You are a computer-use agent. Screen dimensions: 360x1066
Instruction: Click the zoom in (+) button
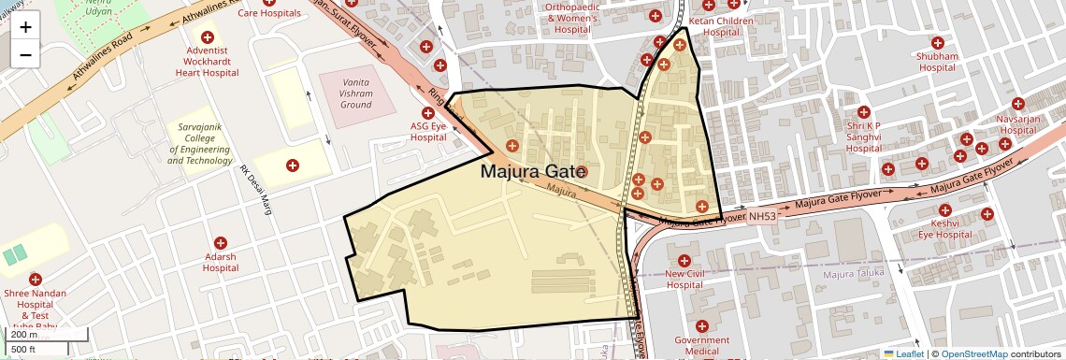pos(25,27)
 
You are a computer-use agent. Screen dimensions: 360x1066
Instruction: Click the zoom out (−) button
pos(25,54)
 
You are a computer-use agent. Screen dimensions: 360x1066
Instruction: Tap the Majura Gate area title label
pos(534,172)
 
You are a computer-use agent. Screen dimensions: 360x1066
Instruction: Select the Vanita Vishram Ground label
pos(356,94)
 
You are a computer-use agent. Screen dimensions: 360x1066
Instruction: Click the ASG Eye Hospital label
pos(428,132)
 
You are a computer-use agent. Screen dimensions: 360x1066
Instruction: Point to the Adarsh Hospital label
pos(221,262)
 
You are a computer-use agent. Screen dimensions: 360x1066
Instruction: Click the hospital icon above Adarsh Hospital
pos(221,243)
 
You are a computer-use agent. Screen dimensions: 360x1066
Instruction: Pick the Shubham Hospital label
pos(938,62)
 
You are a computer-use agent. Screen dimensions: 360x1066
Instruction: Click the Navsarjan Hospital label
pos(1017,125)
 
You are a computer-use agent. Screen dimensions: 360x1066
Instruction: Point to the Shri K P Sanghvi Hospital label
pos(864,137)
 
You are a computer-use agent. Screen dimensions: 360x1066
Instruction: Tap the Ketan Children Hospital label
pos(721,26)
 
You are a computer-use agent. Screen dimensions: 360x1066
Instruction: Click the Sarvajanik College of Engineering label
pos(199,142)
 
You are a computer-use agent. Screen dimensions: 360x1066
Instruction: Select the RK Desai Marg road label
pos(255,191)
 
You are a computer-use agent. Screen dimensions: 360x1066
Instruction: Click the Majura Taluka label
pos(854,275)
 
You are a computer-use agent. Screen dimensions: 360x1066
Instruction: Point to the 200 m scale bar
pos(47,335)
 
